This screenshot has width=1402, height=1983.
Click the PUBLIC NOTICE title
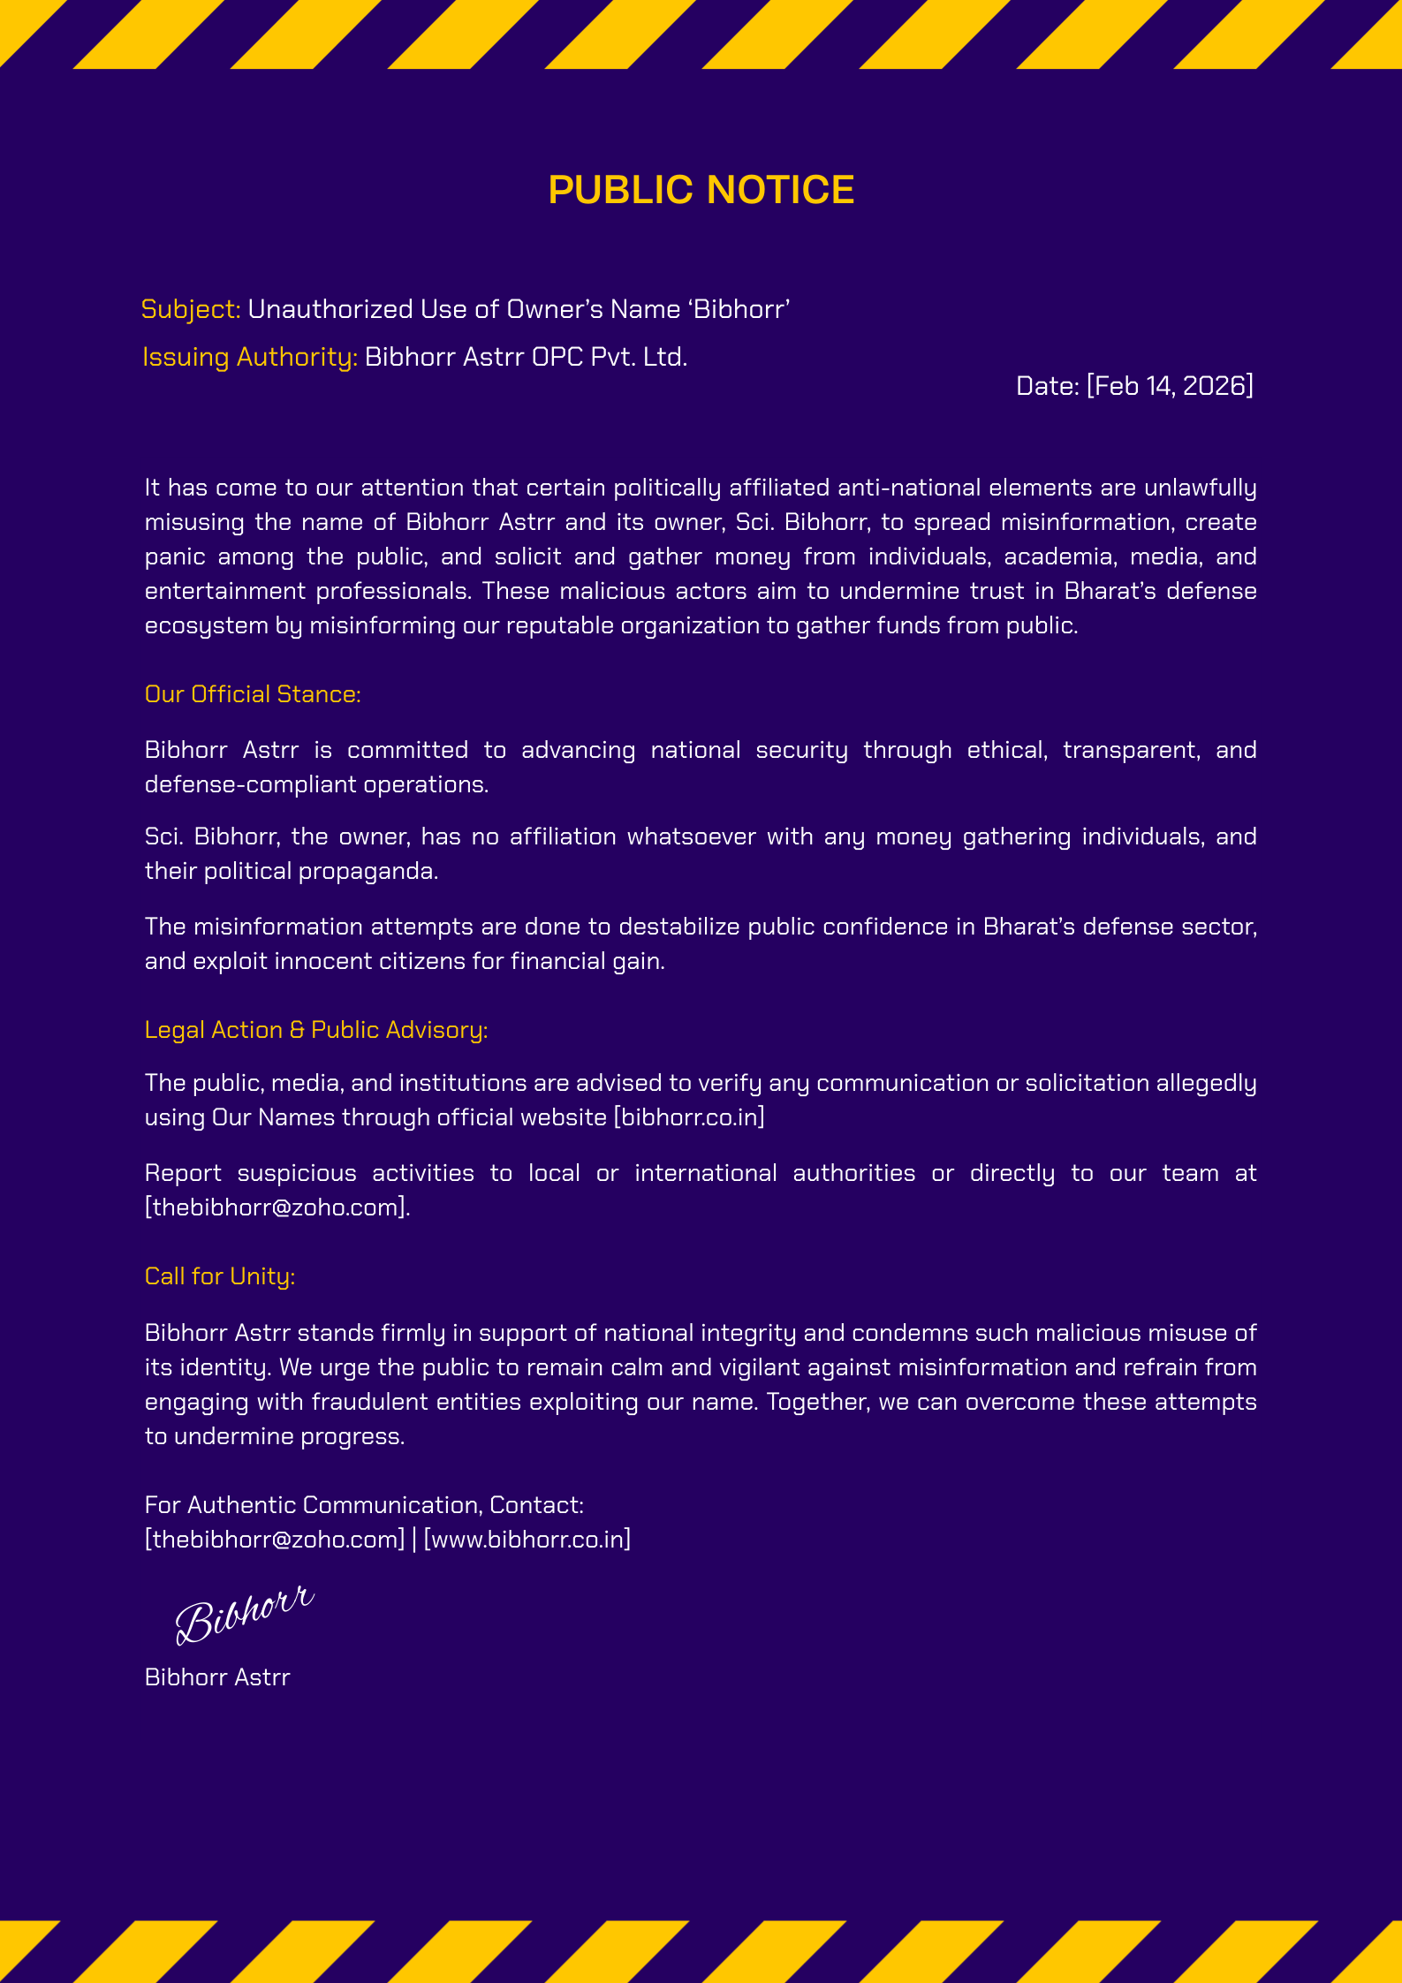[x=701, y=190]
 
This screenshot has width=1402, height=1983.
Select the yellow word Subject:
[x=191, y=309]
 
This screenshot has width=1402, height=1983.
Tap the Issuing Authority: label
[x=250, y=357]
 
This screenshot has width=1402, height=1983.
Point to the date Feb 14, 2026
[x=1170, y=386]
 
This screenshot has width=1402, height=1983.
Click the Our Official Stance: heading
[x=253, y=694]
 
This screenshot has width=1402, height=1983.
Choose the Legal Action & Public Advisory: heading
[x=316, y=1030]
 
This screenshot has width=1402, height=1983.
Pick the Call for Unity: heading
[x=220, y=1276]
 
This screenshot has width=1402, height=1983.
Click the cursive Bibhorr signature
[x=244, y=1615]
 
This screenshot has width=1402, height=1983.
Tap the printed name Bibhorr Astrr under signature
[x=217, y=1677]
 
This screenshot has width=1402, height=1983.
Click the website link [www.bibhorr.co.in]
[x=527, y=1540]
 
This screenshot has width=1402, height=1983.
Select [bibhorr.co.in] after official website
[x=689, y=1117]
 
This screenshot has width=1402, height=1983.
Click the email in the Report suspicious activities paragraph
[x=276, y=1207]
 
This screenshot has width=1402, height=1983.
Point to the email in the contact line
[x=275, y=1540]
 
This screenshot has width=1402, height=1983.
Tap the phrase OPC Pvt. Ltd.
[x=610, y=357]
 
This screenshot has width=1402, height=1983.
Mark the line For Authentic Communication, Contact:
[x=364, y=1505]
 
